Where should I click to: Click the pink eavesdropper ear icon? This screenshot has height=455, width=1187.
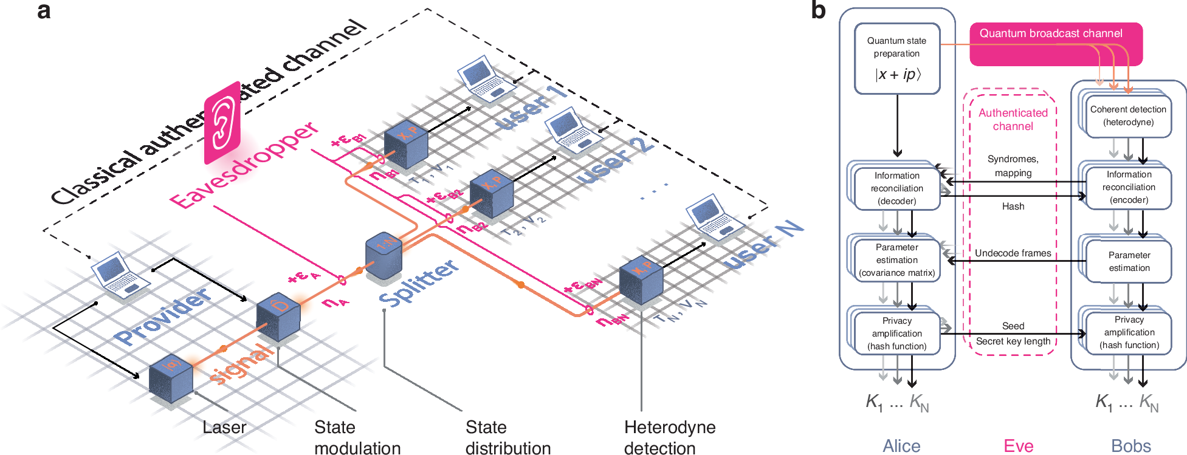pos(222,123)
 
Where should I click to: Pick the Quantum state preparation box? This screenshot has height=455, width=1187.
pos(896,59)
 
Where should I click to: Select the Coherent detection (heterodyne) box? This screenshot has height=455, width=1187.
pos(1128,115)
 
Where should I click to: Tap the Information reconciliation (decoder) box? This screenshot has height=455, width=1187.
pos(896,188)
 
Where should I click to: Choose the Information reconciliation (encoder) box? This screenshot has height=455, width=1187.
pos(1128,187)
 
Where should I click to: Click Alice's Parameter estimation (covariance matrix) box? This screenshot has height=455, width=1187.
pos(896,260)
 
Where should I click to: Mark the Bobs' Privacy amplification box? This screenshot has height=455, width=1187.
pos(1129,332)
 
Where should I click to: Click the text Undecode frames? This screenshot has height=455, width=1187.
pos(1013,253)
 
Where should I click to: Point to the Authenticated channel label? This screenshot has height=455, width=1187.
pos(1013,120)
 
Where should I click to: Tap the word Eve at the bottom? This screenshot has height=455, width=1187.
pos(1018,446)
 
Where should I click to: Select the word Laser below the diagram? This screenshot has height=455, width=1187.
pos(224,428)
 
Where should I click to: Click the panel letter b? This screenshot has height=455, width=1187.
pos(818,11)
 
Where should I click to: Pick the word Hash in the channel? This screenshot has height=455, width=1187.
pos(1013,207)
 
